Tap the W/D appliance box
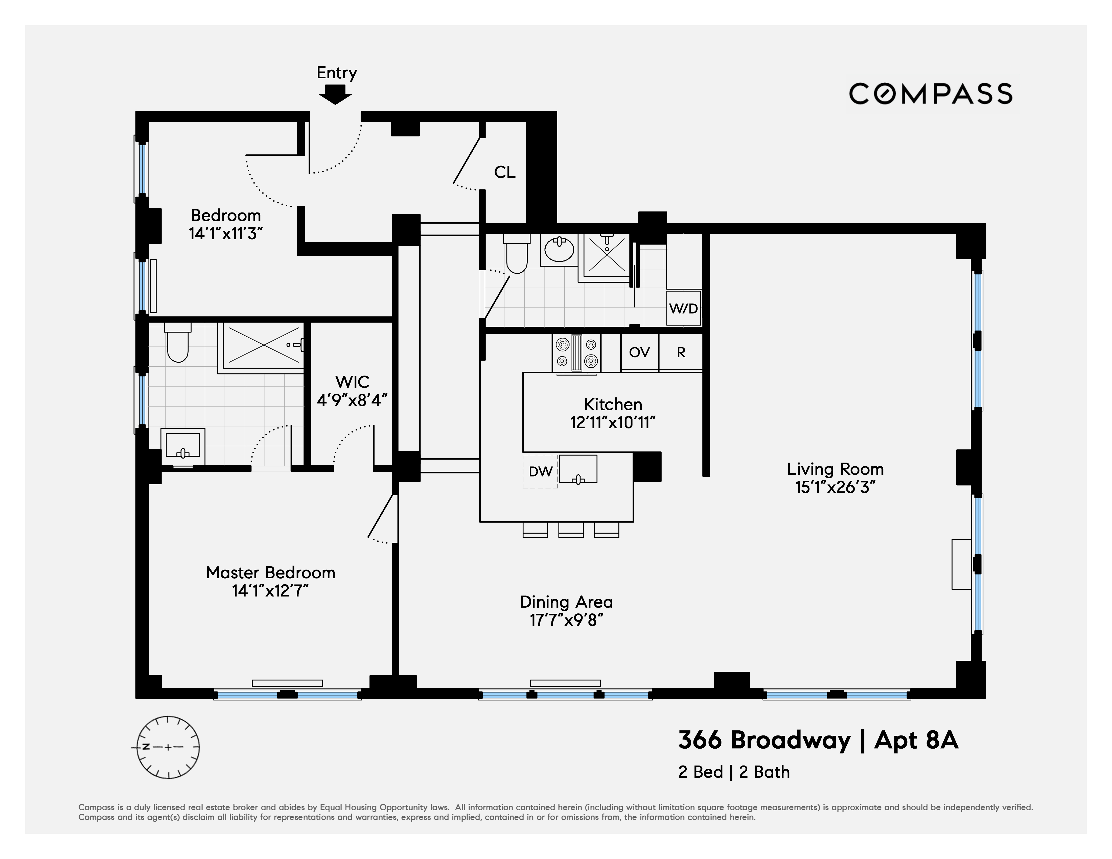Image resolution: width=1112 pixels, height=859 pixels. click(683, 308)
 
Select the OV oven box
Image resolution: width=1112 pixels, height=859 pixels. click(639, 352)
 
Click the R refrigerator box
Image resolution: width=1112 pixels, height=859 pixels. click(681, 352)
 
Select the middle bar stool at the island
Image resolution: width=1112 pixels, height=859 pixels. click(571, 530)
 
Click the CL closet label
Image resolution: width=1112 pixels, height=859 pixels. click(505, 173)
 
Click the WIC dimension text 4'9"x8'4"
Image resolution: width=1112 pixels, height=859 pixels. click(352, 400)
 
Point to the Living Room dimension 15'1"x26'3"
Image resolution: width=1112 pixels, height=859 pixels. click(835, 488)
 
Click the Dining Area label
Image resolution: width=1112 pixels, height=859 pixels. click(566, 602)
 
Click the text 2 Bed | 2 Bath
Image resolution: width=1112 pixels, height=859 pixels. click(734, 772)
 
